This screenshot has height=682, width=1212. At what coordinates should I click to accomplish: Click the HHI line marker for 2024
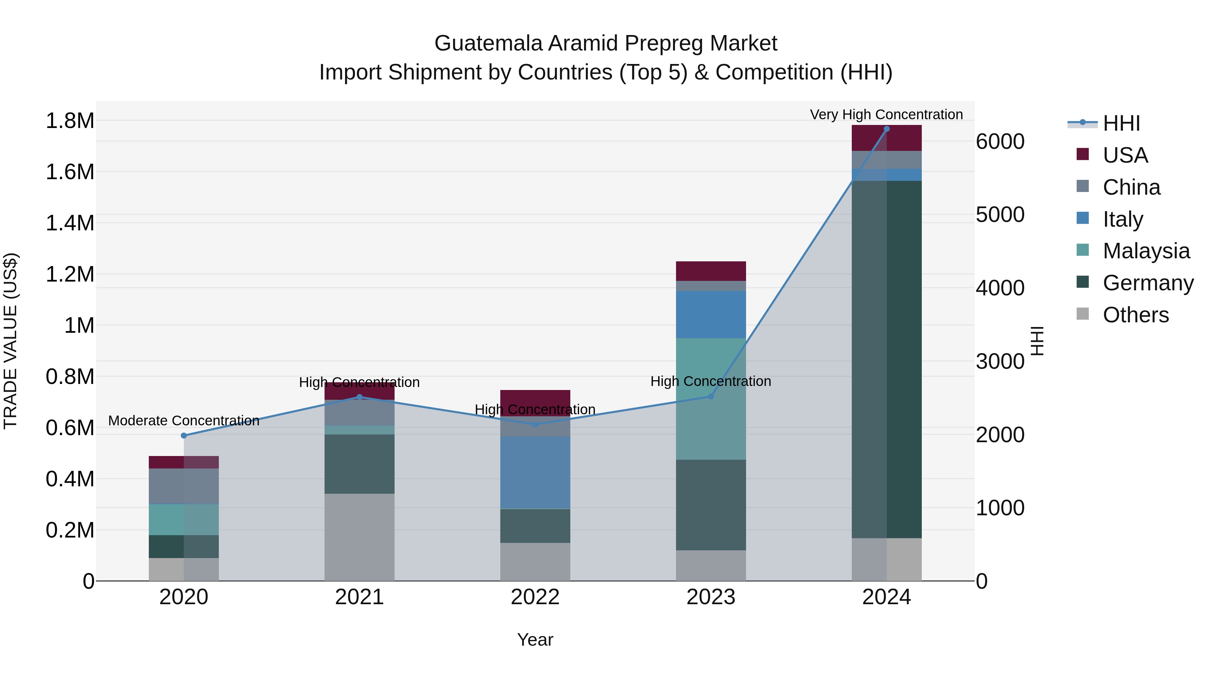click(886, 129)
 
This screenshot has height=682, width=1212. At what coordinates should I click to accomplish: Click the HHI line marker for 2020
click(184, 436)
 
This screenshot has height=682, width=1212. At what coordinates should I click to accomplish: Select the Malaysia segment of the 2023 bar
click(711, 399)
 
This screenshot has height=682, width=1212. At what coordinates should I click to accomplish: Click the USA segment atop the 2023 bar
click(711, 271)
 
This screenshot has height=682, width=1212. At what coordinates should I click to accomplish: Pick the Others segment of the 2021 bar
click(360, 537)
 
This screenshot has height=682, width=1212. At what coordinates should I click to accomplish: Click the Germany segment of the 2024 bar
click(886, 359)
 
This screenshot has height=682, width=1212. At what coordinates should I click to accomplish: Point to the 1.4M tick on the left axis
click(70, 223)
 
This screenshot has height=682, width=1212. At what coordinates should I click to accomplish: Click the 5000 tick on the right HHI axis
click(1000, 215)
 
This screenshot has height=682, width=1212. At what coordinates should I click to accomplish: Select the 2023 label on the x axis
click(711, 597)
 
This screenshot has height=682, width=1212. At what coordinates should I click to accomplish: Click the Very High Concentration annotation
click(886, 115)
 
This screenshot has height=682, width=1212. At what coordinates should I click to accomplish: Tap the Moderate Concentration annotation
click(184, 421)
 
